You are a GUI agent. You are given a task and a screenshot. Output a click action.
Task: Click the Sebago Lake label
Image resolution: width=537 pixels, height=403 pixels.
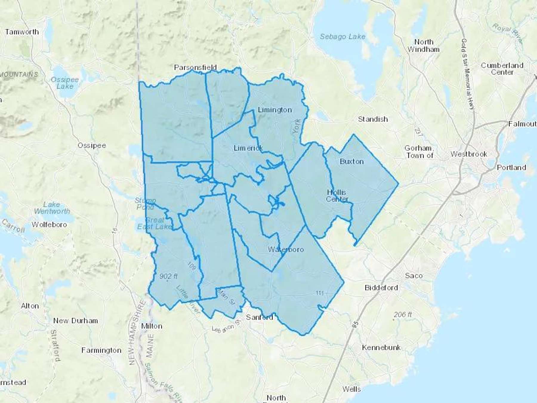342,37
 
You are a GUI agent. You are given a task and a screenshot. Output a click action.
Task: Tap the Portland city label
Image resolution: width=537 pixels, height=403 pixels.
511,167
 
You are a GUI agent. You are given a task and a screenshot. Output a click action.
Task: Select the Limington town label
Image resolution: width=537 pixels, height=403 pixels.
275,110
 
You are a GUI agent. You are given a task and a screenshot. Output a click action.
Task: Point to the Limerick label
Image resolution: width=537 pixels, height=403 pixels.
248,148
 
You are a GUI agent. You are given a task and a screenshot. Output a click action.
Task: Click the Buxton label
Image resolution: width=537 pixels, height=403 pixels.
352,161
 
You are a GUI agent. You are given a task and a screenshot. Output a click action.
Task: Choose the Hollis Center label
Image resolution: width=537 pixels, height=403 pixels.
337,196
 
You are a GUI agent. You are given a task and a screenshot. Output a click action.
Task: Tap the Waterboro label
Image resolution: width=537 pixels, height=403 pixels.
286,249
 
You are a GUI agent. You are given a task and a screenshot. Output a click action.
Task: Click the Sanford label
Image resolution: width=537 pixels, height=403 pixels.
259,317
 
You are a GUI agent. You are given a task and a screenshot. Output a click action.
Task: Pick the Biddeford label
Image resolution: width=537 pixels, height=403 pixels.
381,288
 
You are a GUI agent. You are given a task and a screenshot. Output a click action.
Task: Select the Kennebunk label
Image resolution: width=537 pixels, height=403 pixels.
381,347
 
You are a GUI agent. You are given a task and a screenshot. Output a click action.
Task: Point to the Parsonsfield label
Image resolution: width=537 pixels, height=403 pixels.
195,67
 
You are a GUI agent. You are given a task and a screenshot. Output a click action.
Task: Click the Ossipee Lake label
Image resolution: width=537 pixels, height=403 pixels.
65,83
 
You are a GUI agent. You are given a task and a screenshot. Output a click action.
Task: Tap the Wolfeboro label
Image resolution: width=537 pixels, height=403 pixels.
49,224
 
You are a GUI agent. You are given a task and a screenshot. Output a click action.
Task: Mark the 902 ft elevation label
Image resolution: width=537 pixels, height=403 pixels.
168,276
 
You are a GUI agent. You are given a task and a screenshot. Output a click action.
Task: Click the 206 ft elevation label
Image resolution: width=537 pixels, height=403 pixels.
402,314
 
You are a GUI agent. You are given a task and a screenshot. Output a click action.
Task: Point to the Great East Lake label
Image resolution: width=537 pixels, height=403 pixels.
154,223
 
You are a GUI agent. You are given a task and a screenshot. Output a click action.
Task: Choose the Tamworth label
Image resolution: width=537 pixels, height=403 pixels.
22,32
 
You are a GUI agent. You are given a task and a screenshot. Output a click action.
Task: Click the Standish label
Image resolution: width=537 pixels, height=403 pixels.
373,119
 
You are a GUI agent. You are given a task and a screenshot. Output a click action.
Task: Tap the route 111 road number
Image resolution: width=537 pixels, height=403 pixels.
320,293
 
